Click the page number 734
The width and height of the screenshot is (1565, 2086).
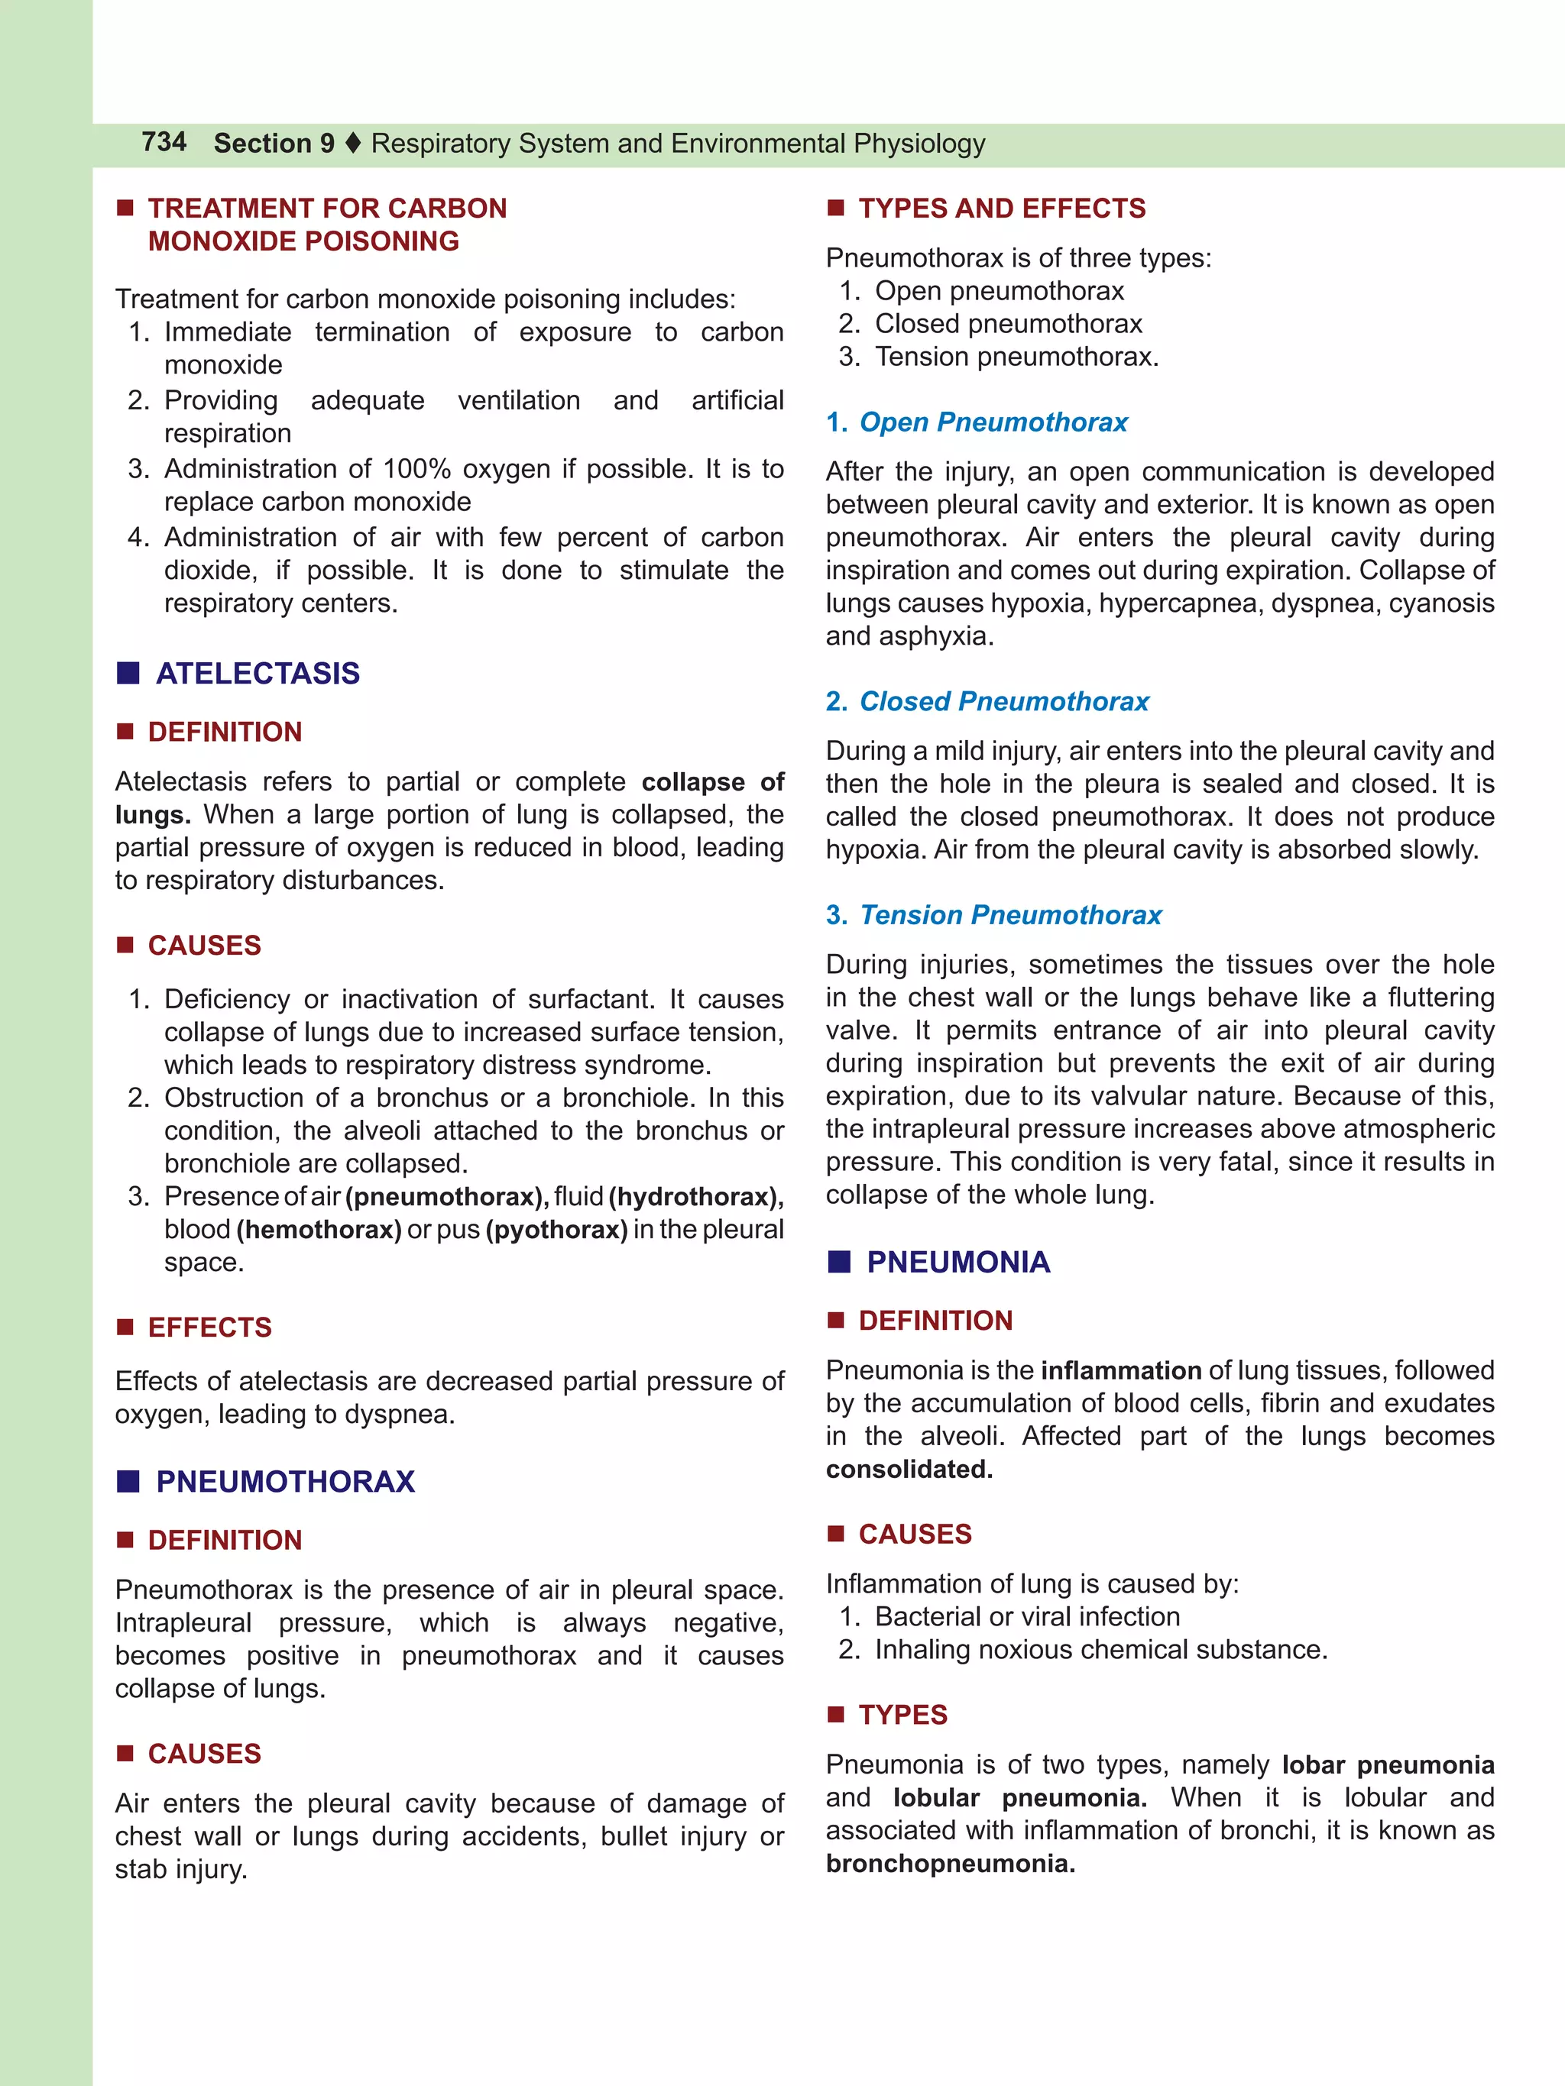[164, 141]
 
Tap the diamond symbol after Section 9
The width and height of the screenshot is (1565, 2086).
[353, 144]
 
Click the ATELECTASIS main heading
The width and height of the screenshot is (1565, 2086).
[258, 674]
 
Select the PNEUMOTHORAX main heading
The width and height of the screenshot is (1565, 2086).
[285, 1482]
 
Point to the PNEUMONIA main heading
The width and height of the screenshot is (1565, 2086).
[957, 1262]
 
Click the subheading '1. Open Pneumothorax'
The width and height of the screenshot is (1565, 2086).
[977, 422]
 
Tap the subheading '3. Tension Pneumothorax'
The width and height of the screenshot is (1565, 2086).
[993, 915]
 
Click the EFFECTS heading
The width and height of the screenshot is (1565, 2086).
[209, 1327]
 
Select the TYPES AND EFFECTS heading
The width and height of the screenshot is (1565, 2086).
[1002, 209]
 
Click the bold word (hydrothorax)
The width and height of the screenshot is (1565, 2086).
[695, 1197]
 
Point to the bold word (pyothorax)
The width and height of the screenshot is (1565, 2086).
[556, 1230]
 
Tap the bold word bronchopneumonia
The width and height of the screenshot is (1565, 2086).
[950, 1864]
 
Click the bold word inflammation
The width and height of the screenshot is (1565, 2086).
[1121, 1370]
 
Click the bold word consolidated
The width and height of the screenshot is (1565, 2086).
[909, 1470]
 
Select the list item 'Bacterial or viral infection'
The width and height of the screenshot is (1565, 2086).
[1026, 1616]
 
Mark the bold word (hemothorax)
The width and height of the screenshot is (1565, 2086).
[319, 1230]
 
